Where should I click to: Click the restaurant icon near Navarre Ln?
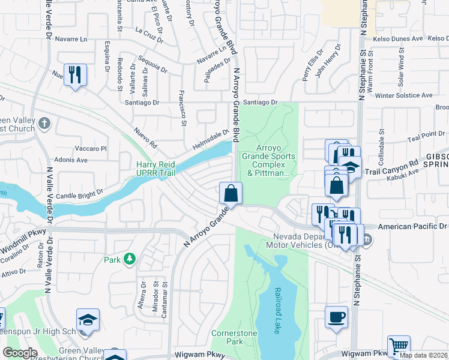point(75,75)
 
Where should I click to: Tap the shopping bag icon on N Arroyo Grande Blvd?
point(231,194)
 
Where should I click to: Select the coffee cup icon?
point(336,316)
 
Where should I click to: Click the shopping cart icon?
point(399,346)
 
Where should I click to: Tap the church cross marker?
point(44,124)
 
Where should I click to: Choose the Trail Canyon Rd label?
point(391,167)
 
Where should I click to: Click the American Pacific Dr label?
point(414,227)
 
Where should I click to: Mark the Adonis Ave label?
point(71,160)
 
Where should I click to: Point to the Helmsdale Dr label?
point(211,140)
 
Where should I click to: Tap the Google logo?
point(19,352)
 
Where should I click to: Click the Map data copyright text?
point(423,355)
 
